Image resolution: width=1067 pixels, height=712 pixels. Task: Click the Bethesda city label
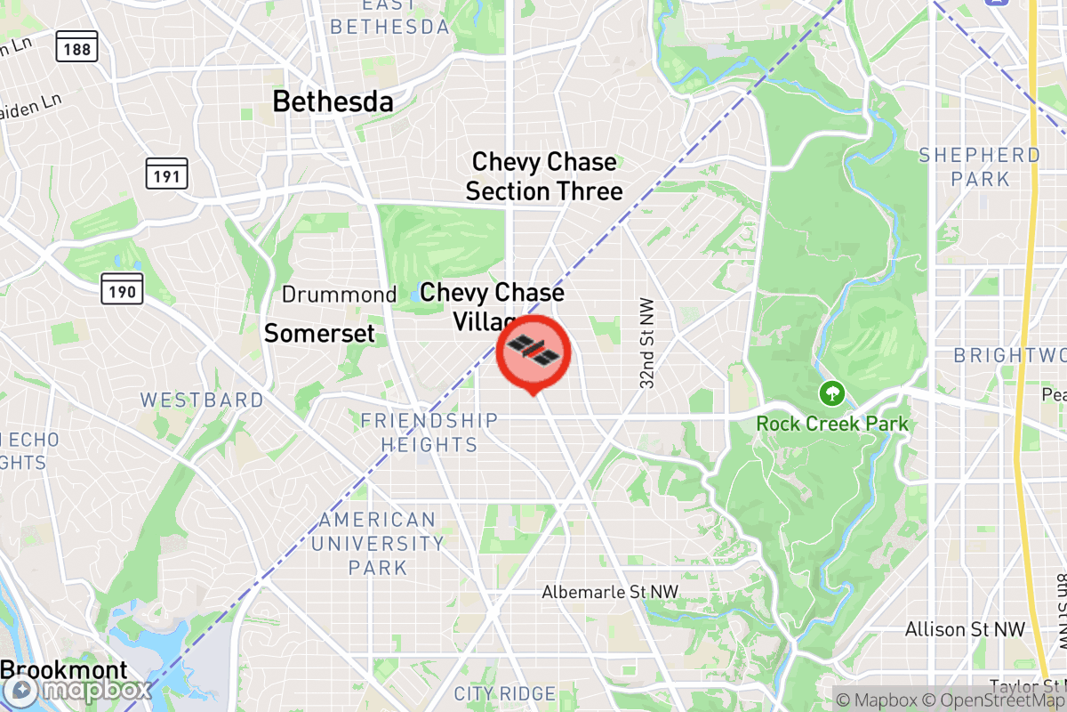click(333, 101)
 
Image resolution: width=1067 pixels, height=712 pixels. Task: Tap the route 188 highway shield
click(76, 48)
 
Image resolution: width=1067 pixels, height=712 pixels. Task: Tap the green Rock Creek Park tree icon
click(832, 392)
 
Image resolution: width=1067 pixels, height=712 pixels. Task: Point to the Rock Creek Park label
click(832, 423)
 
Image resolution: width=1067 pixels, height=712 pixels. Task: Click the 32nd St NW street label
click(647, 343)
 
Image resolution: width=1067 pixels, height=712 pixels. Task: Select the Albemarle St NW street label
click(610, 592)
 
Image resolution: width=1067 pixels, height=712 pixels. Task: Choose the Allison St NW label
click(965, 629)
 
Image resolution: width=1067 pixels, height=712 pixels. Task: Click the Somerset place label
click(319, 334)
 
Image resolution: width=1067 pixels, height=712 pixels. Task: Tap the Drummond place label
click(339, 295)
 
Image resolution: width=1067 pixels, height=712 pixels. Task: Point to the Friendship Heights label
click(429, 432)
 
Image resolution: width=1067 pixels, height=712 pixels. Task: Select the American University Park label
click(378, 543)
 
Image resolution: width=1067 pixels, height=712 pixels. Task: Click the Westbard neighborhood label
click(201, 400)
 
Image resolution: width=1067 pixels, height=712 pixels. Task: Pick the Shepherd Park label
click(979, 166)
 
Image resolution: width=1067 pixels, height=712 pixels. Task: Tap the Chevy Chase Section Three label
click(544, 176)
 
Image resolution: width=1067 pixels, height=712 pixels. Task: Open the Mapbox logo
click(75, 691)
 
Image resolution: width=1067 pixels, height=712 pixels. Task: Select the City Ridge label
click(504, 693)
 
